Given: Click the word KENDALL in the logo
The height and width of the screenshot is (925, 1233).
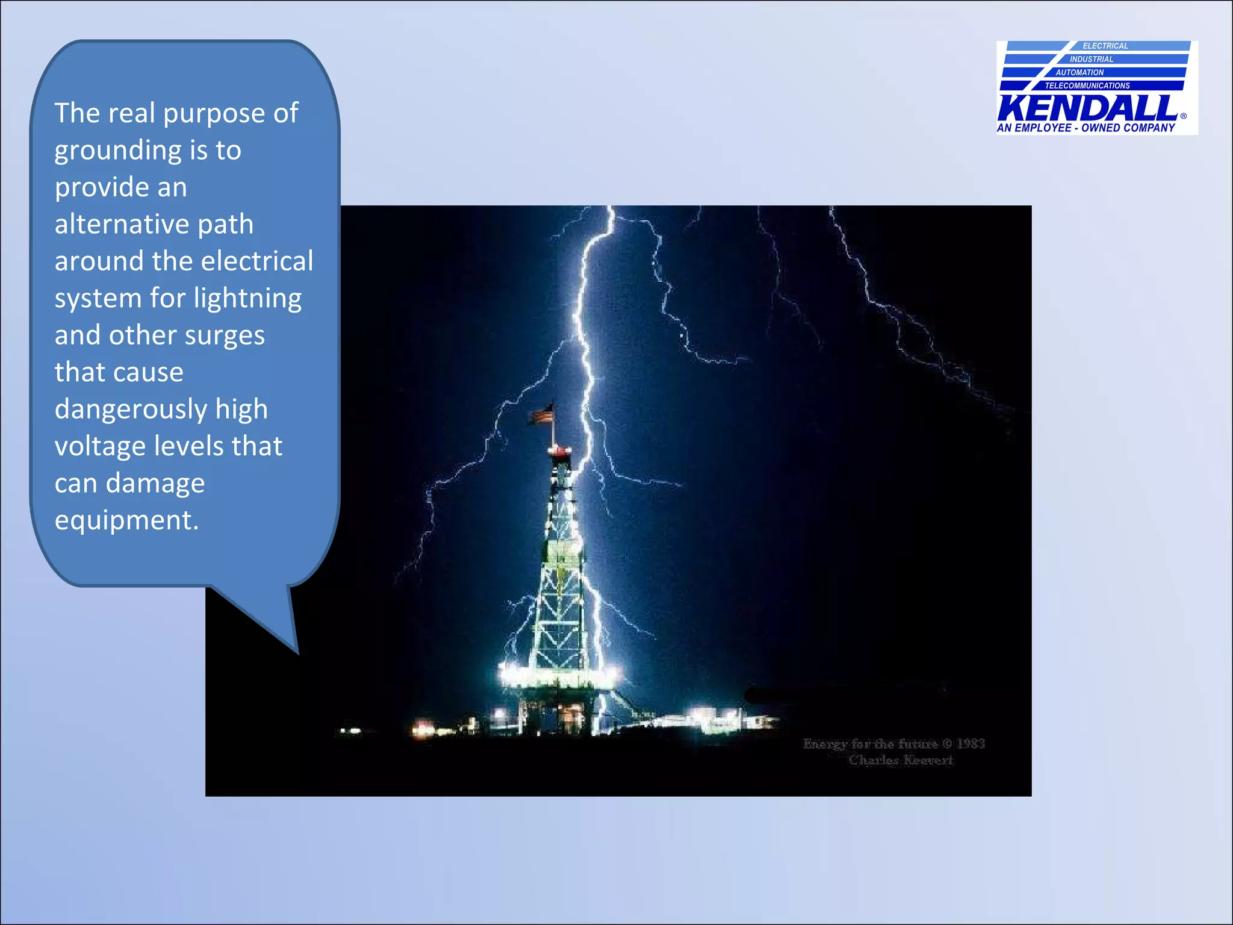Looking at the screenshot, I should click(1087, 108).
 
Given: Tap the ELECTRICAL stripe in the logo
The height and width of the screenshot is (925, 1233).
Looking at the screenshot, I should click(1105, 46).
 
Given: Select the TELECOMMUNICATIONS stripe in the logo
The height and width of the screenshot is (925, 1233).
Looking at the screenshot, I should click(1087, 86).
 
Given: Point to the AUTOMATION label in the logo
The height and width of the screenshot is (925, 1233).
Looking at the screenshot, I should click(1079, 72).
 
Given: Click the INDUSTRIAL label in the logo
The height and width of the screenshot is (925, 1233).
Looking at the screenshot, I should click(1091, 59).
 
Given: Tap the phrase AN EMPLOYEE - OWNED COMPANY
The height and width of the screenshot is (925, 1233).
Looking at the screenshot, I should click(1085, 128).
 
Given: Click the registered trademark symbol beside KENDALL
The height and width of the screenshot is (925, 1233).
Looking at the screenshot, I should click(1183, 116).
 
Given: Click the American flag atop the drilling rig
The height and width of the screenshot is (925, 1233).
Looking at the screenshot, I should click(541, 414).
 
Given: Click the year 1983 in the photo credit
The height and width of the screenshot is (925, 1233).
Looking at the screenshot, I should click(971, 744).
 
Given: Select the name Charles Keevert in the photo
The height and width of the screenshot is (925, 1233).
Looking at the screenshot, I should click(901, 760).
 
